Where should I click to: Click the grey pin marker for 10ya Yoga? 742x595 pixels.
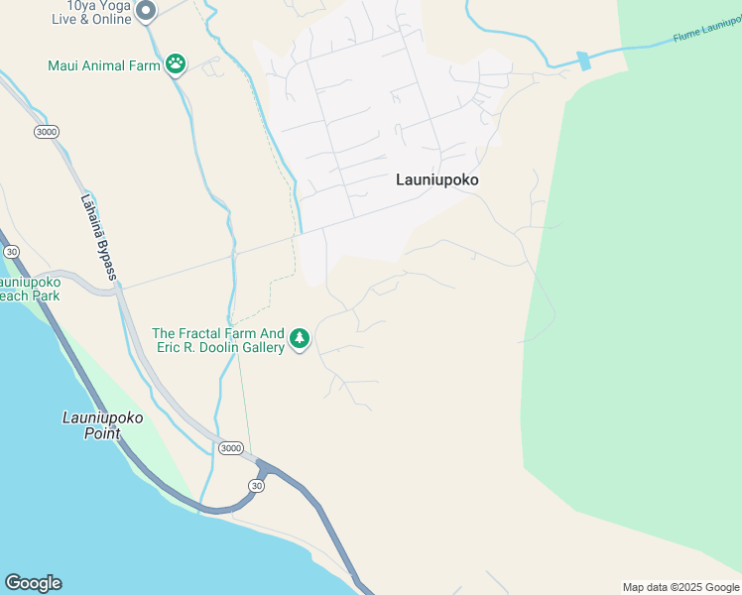[x=146, y=11]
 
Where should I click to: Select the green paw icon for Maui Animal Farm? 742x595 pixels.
[x=176, y=65]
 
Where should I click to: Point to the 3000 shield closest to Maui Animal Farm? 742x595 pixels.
[x=45, y=132]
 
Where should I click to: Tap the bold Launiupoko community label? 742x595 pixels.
[x=436, y=179]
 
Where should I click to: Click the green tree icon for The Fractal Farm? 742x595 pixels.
[x=300, y=340]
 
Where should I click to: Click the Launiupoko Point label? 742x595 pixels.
[x=100, y=425]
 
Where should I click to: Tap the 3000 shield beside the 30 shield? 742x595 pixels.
[x=229, y=448]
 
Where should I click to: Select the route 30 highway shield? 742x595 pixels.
[x=257, y=485]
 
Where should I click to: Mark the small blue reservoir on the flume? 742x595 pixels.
[x=583, y=60]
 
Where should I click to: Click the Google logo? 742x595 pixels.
[x=33, y=583]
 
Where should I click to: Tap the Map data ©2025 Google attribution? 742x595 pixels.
[x=680, y=587]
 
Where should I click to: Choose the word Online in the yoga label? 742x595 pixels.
[x=109, y=20]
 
